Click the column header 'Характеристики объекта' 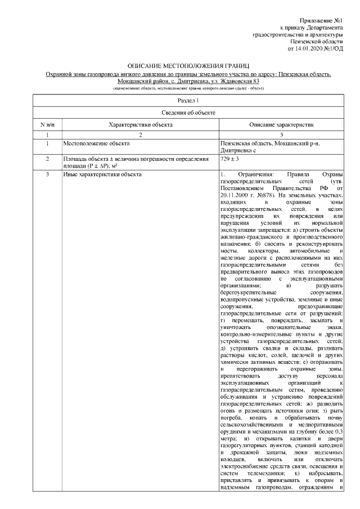141,124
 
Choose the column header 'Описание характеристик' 281,124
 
